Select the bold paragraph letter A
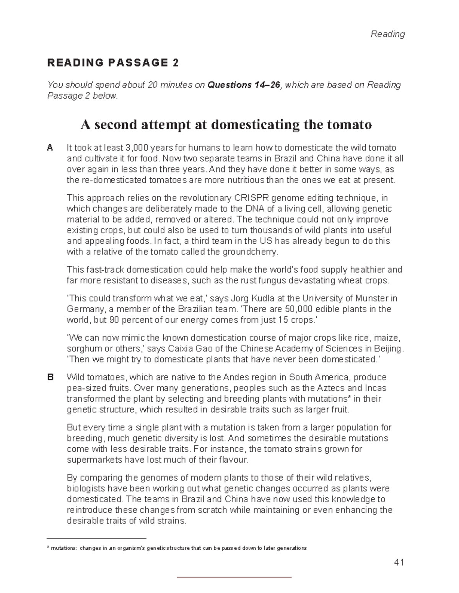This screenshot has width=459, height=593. pos(50,148)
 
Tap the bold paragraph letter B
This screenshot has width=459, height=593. pos(50,377)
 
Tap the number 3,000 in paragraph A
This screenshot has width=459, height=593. pos(136,148)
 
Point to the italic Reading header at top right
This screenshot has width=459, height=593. pos(388,34)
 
